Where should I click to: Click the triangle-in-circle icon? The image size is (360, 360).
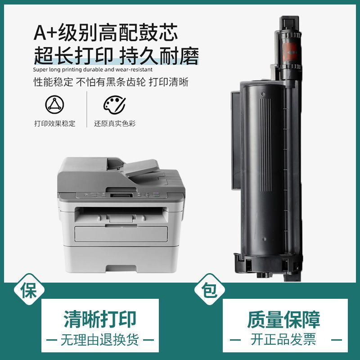[x=54, y=104]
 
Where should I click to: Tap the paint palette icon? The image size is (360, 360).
[x=114, y=105]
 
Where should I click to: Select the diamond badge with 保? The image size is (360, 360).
[x=29, y=289]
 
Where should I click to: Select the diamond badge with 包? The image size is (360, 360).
[x=210, y=289]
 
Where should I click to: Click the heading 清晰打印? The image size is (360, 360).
[x=100, y=319]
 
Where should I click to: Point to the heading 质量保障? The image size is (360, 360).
[x=284, y=319]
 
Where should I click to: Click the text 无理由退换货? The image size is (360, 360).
[x=100, y=340]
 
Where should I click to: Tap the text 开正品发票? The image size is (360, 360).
[x=283, y=340]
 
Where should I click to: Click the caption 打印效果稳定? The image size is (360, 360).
[x=54, y=123]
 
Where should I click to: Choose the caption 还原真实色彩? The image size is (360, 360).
[x=115, y=123]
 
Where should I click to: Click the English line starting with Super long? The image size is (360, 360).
[x=93, y=69]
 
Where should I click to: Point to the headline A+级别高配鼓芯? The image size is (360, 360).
[x=106, y=33]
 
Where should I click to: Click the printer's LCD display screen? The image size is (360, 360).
[x=121, y=195]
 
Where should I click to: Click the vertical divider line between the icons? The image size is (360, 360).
[x=87, y=109]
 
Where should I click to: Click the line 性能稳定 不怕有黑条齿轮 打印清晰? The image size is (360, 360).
[x=111, y=82]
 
